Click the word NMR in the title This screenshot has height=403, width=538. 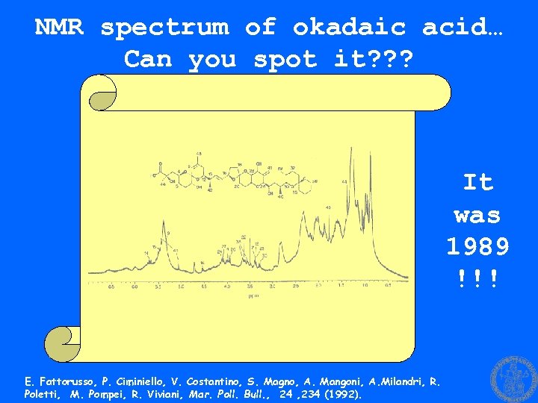[x=59, y=27]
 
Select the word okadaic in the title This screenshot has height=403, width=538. [x=349, y=27]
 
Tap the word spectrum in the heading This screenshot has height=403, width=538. [x=164, y=27]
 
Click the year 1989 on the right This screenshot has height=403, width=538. [x=477, y=246]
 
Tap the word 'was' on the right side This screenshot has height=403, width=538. [x=477, y=214]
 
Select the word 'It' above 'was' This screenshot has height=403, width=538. [x=477, y=181]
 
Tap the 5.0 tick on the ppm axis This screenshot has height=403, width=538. [x=181, y=286]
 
